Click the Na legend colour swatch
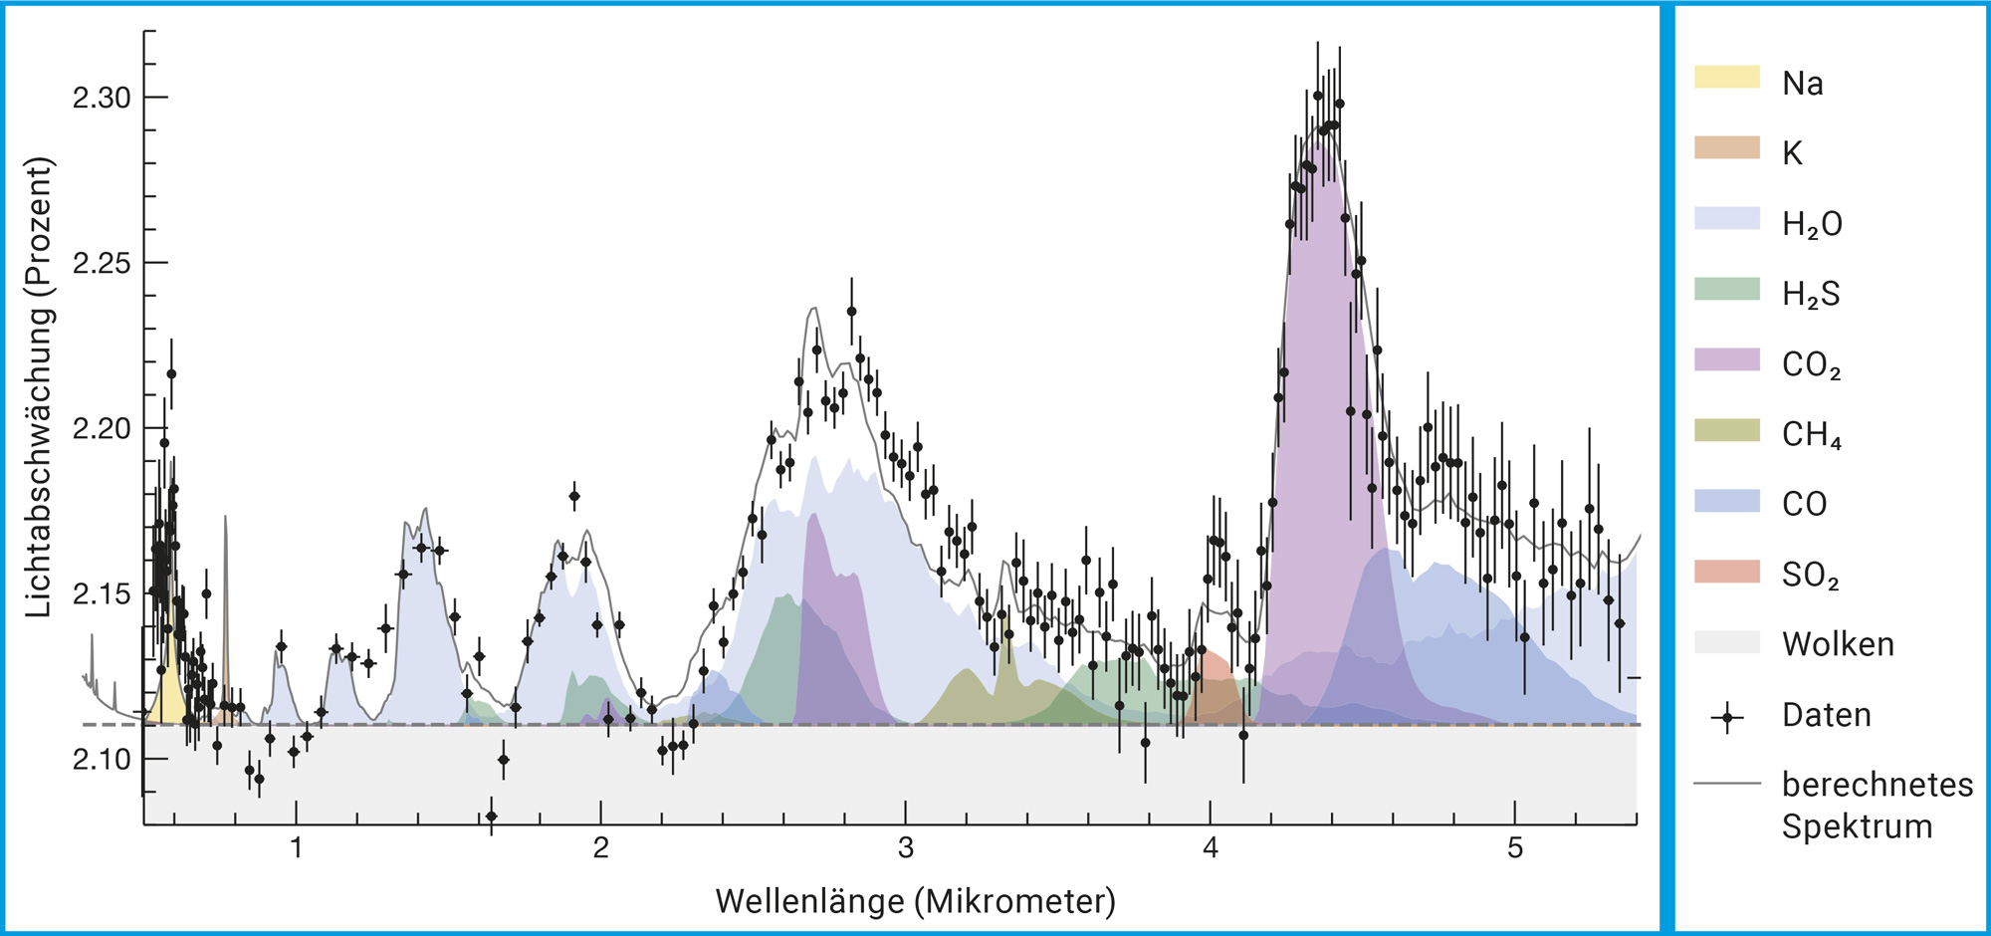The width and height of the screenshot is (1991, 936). pyautogui.click(x=1727, y=77)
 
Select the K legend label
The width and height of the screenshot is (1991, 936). pyautogui.click(x=1792, y=153)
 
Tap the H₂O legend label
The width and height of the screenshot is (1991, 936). pyautogui.click(x=1812, y=224)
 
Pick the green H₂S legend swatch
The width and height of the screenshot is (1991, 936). pyautogui.click(x=1727, y=289)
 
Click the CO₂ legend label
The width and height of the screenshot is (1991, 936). pyautogui.click(x=1811, y=365)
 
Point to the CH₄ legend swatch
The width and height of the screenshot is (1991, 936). pyautogui.click(x=1727, y=430)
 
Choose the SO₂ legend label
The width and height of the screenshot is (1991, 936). pyautogui.click(x=1810, y=576)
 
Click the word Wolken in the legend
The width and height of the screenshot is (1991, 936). pyautogui.click(x=1838, y=644)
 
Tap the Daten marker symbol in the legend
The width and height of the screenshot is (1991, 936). pyautogui.click(x=1727, y=716)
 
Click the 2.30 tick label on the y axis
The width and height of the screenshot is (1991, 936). pyautogui.click(x=102, y=98)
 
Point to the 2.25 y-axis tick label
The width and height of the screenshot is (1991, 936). pyautogui.click(x=102, y=263)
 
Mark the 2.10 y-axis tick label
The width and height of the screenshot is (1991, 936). pyautogui.click(x=102, y=759)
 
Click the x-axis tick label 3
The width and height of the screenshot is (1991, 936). pyautogui.click(x=905, y=848)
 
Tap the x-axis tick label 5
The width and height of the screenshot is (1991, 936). pyautogui.click(x=1514, y=848)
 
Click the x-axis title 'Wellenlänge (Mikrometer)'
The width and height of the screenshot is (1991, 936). pyautogui.click(x=915, y=901)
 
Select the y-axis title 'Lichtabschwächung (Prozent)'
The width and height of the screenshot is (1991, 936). pyautogui.click(x=38, y=388)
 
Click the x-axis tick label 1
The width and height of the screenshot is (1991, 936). pyautogui.click(x=296, y=848)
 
